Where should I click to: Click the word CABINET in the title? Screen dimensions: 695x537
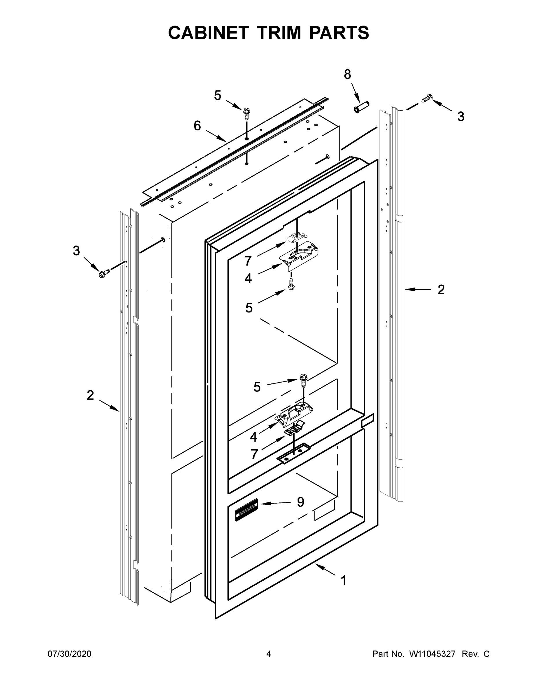[x=208, y=33]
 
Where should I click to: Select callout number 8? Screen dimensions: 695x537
[x=347, y=74]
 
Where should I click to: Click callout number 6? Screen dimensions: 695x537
[x=197, y=126]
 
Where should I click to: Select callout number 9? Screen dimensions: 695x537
[x=300, y=502]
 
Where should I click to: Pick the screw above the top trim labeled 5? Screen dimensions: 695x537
[x=247, y=113]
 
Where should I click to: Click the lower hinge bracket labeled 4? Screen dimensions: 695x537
[x=294, y=415]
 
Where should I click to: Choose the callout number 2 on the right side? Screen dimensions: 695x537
[x=441, y=290]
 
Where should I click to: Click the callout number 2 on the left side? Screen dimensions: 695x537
[x=90, y=396]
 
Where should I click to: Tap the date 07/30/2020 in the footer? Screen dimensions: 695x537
[x=69, y=654]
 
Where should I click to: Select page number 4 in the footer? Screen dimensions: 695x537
[x=269, y=654]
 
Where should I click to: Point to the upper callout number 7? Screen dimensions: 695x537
[x=248, y=261]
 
